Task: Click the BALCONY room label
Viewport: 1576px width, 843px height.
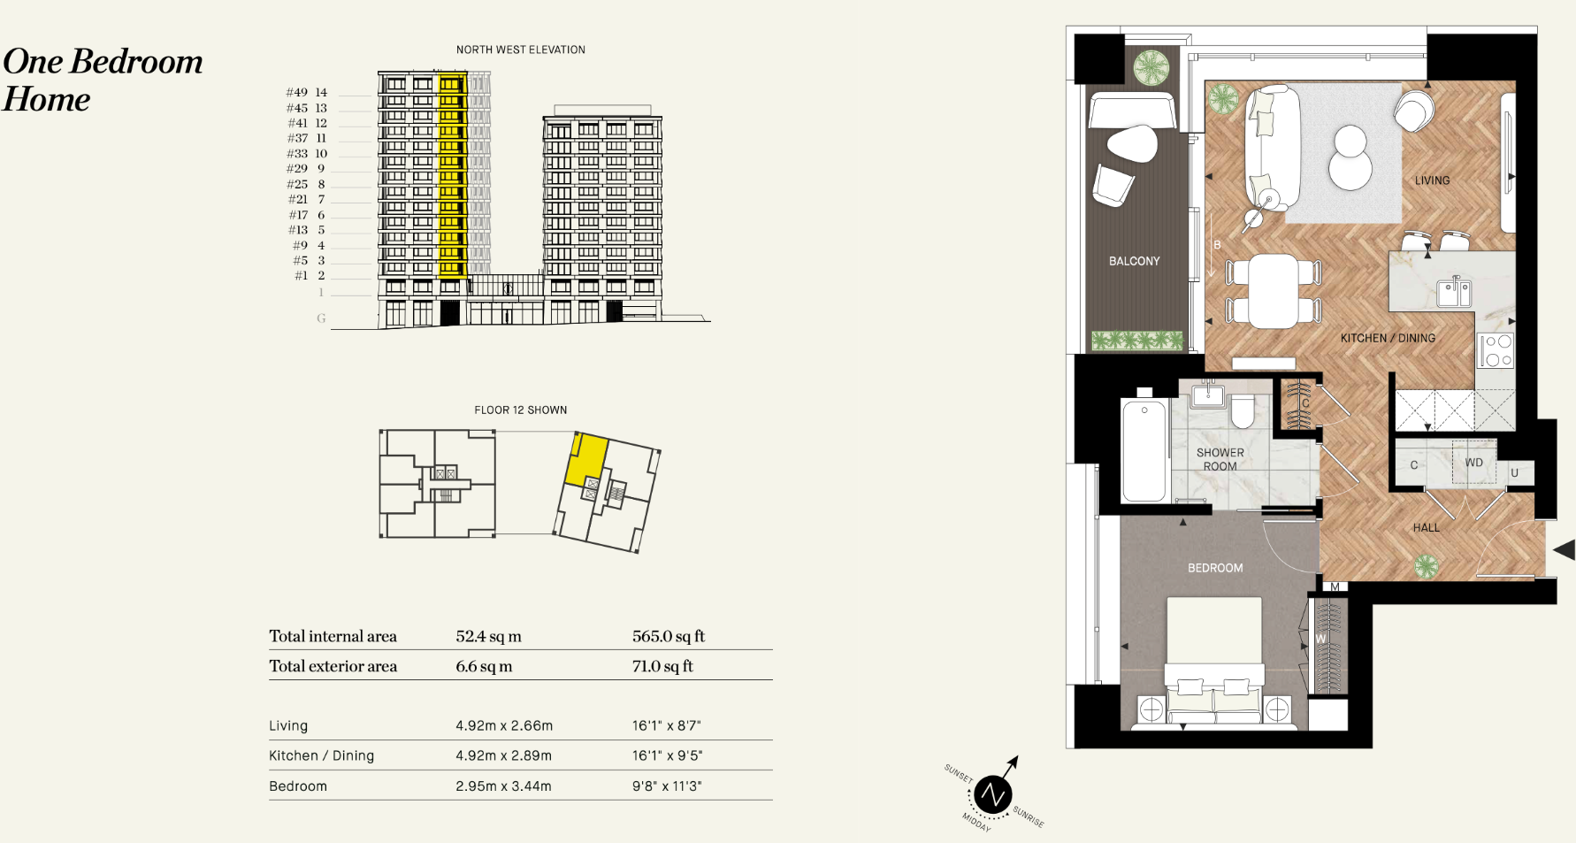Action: (x=1134, y=261)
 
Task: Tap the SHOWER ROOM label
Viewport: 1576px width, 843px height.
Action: (x=1220, y=459)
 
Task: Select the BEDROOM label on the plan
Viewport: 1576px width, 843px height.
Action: (x=1214, y=568)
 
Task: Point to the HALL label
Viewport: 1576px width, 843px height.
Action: (x=1426, y=527)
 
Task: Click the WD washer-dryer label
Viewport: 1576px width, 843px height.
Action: (x=1473, y=463)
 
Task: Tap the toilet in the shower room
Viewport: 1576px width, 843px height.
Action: (x=1242, y=410)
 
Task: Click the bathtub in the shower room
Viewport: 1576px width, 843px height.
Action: (x=1143, y=450)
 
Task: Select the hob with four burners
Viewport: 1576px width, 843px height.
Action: (x=1496, y=350)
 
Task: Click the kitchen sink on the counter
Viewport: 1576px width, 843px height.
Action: (x=1453, y=292)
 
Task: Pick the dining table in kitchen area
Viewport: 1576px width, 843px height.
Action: (x=1273, y=291)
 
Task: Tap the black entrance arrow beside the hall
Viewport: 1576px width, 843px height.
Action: (x=1564, y=550)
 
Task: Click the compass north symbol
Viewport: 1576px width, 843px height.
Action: (x=992, y=794)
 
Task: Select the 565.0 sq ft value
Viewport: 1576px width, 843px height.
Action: (x=668, y=636)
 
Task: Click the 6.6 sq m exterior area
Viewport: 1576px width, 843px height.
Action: (x=484, y=666)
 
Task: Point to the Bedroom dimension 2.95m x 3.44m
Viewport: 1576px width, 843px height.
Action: (x=503, y=786)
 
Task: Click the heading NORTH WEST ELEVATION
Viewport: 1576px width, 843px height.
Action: (x=520, y=50)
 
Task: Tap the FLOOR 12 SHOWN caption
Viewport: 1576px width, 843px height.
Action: (x=520, y=410)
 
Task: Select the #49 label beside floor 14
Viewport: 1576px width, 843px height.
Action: (x=297, y=92)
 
